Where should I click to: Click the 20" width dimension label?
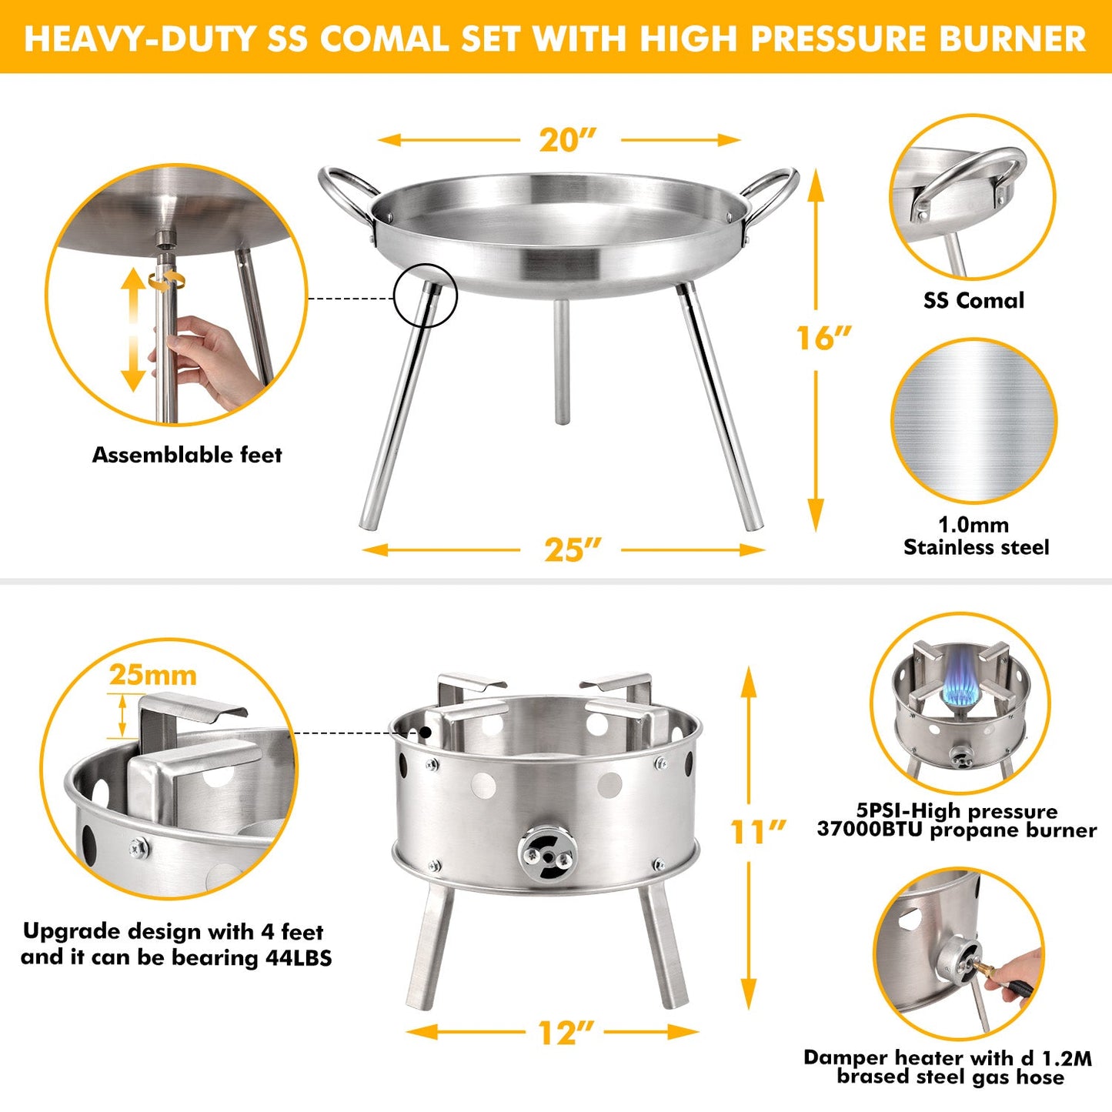568,140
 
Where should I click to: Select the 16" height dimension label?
823,338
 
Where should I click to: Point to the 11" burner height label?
757,832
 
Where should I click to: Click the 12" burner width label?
566,1033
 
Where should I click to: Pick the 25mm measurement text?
152,675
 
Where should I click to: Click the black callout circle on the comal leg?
426,296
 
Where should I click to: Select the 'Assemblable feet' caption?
187,455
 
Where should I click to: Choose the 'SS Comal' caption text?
973,300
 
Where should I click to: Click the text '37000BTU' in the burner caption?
870,830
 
